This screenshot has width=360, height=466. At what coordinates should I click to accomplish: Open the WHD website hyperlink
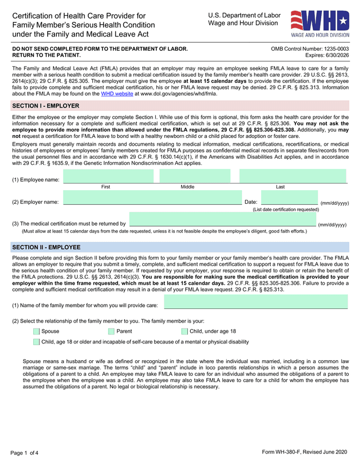click(116, 94)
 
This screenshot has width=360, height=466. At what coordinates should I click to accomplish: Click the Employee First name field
click(108, 176)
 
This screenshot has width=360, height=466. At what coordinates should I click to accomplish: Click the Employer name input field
click(152, 198)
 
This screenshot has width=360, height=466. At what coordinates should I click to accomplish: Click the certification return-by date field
click(222, 220)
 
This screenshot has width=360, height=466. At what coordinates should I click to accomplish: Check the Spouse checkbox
click(37, 331)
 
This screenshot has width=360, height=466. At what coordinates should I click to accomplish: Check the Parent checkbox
click(111, 331)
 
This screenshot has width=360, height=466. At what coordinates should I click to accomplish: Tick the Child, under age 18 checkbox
click(184, 331)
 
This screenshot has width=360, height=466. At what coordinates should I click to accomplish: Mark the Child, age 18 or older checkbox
click(37, 342)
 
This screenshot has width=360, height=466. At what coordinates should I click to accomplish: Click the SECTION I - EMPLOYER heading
click(46, 106)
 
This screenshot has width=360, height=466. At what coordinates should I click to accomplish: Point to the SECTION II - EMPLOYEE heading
click(46, 247)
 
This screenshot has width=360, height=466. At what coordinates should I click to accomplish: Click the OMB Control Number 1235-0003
click(309, 49)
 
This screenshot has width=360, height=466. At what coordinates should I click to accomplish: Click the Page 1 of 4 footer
click(24, 453)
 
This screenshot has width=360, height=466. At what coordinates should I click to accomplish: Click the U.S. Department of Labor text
click(244, 15)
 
